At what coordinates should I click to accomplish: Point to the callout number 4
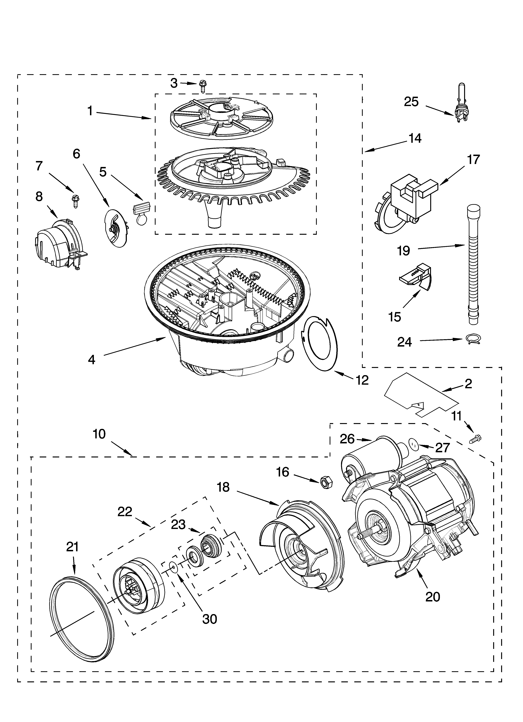coord(91,360)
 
